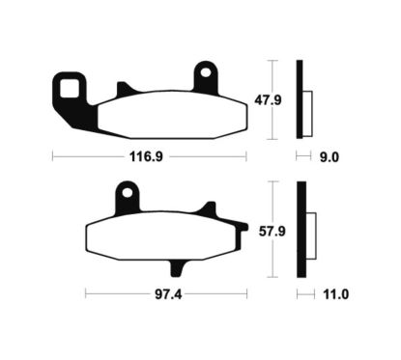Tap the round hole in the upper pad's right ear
[x=205, y=72]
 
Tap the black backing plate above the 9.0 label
[x=300, y=97]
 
